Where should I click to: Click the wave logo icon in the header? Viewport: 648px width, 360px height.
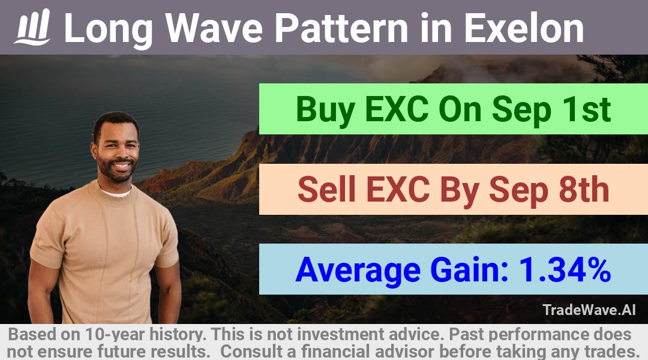point(32,27)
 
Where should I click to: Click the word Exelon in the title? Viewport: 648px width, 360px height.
point(524,28)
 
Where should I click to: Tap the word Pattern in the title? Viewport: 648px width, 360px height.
point(342,28)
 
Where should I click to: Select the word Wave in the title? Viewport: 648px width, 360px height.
point(214,28)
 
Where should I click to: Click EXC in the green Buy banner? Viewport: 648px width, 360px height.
point(397,110)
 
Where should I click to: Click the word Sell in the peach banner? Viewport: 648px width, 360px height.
point(326,190)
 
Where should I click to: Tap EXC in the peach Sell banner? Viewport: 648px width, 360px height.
point(398,190)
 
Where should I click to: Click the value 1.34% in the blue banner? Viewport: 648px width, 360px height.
point(565,270)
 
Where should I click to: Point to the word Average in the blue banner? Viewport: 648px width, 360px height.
point(358,270)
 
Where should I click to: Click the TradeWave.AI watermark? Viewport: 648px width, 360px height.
point(589,310)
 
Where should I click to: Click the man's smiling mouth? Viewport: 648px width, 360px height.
point(121,166)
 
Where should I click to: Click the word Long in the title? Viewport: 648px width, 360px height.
point(109,29)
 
